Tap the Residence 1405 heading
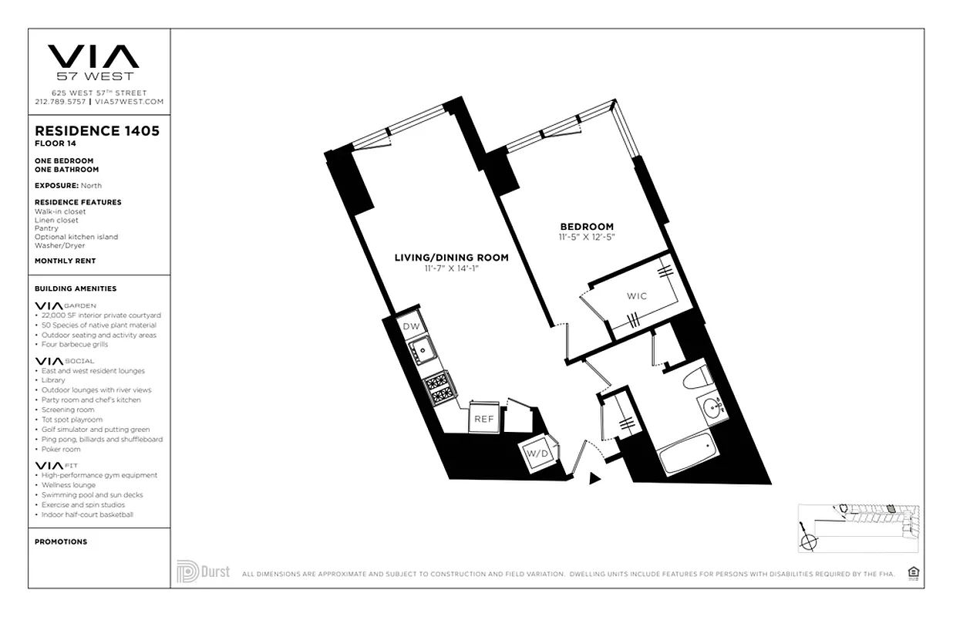point(97,131)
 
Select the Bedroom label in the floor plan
point(587,226)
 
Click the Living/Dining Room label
point(451,258)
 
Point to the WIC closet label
point(637,296)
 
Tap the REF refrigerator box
point(483,419)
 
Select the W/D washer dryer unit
point(538,453)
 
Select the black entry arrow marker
point(594,478)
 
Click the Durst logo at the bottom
point(203,572)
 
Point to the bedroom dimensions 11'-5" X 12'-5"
point(587,236)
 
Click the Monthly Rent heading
point(66,261)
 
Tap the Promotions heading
point(61,541)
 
